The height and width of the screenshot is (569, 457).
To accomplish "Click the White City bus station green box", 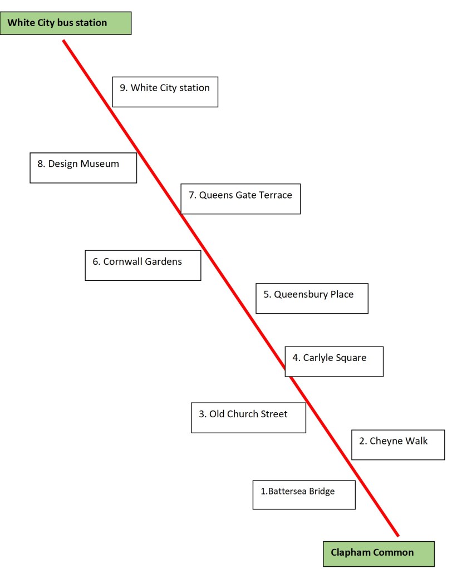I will [66, 23].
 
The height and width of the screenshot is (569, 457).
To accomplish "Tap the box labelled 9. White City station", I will [165, 92].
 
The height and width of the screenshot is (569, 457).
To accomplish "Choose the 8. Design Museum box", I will [83, 167].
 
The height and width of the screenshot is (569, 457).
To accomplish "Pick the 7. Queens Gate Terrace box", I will [240, 199].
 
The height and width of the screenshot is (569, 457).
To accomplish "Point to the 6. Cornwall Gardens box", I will [142, 265].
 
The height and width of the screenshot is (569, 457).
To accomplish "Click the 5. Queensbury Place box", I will [312, 298].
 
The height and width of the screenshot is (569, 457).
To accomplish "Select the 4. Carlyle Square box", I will [334, 361].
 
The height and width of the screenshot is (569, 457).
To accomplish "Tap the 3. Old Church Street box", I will [248, 417].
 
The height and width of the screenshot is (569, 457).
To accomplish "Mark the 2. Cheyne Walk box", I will [398, 444].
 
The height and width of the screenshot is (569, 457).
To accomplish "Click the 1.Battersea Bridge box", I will [304, 494].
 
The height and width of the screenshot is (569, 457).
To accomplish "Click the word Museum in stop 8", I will [100, 164].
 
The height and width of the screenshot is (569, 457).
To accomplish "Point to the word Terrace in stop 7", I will [273, 195].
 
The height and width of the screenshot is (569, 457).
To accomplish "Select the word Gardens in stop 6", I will [163, 261].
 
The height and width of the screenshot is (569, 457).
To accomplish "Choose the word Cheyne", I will [385, 441].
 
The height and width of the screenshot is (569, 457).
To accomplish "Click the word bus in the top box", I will [62, 23].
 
